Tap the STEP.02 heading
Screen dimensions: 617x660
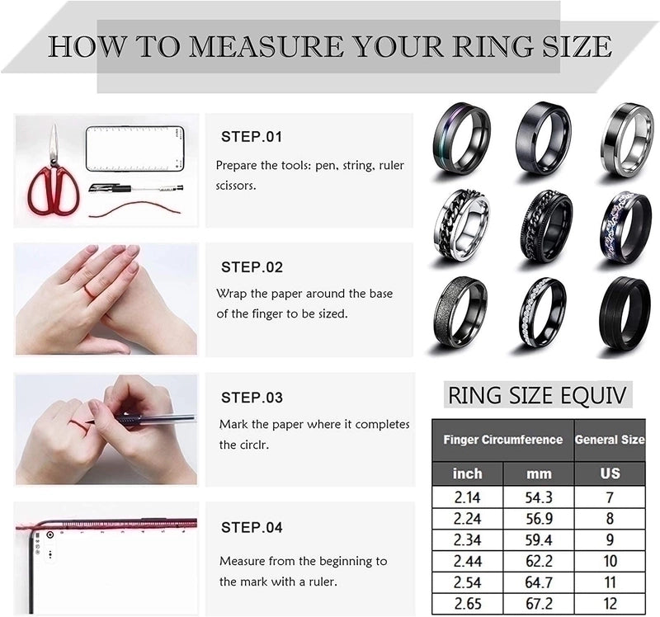tap(252, 267)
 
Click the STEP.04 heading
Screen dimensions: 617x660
tap(252, 527)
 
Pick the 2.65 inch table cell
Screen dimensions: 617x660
tap(466, 603)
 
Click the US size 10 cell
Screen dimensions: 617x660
tap(610, 561)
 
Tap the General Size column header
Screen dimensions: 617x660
tap(610, 440)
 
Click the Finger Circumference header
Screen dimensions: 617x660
tap(502, 440)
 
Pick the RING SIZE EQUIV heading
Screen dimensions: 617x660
tap(538, 395)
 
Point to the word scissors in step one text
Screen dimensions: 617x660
tap(235, 186)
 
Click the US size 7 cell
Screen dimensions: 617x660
tap(610, 497)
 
